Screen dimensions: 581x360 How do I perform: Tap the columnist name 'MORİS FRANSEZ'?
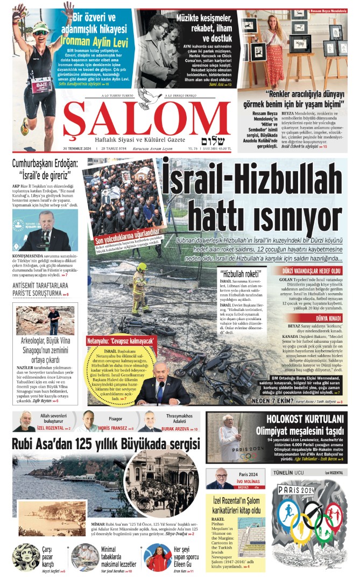[x=115, y=429]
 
